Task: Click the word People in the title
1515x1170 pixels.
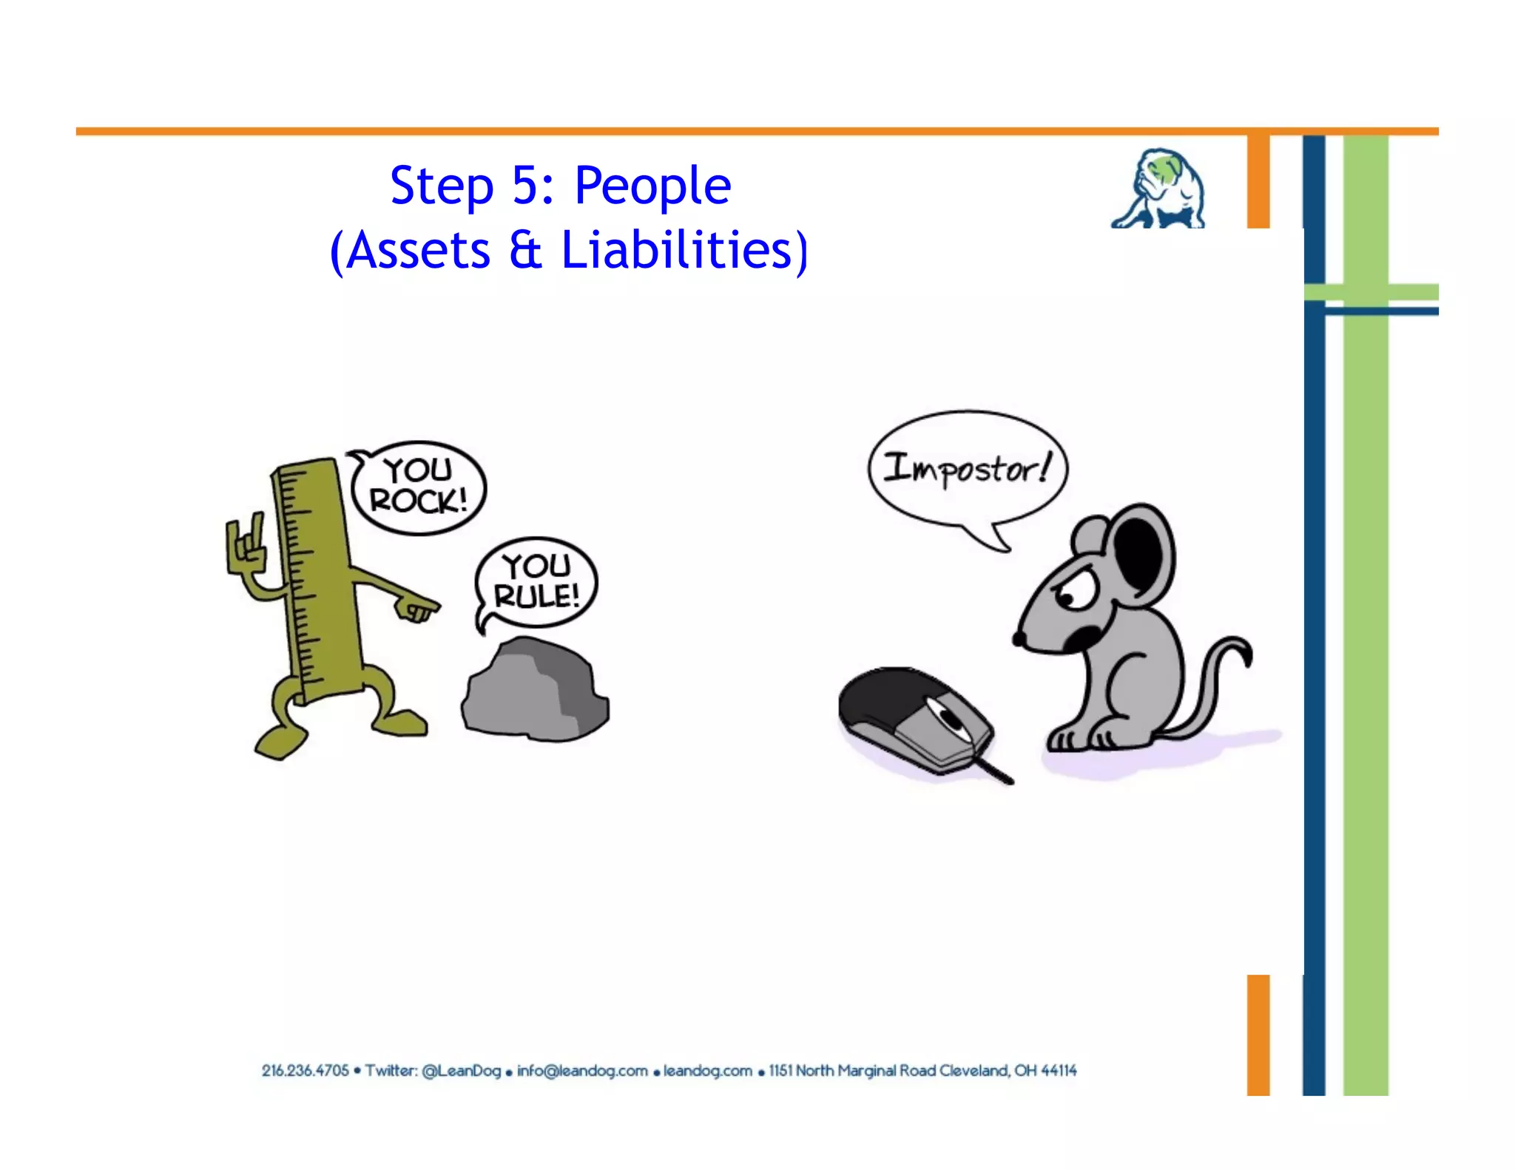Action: pyautogui.click(x=652, y=186)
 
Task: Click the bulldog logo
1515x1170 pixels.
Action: pyautogui.click(x=1158, y=189)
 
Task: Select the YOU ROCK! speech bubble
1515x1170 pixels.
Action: pyautogui.click(x=419, y=487)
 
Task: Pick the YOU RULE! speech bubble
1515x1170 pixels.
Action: pyautogui.click(x=536, y=582)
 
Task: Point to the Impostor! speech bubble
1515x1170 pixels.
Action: pyautogui.click(x=967, y=468)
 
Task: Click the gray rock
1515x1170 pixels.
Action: pyautogui.click(x=535, y=691)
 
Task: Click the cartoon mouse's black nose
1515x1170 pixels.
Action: pyautogui.click(x=1019, y=638)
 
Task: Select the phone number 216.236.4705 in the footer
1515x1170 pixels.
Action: pyautogui.click(x=305, y=1071)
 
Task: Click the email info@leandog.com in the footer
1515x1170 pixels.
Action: pyautogui.click(x=582, y=1071)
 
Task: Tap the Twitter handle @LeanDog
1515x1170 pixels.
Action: pyautogui.click(x=461, y=1071)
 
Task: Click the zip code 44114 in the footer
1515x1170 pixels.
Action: pyautogui.click(x=1059, y=1071)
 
